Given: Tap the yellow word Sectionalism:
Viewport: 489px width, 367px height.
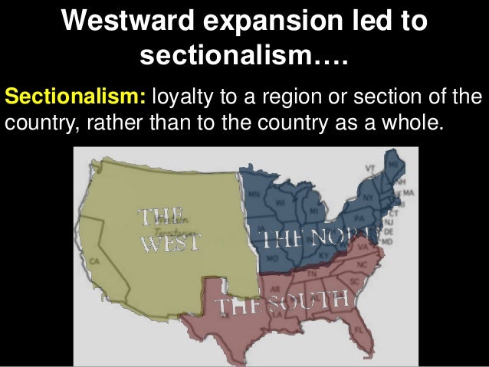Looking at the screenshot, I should (77, 99).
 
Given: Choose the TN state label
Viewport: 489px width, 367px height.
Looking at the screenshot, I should (312, 274).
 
